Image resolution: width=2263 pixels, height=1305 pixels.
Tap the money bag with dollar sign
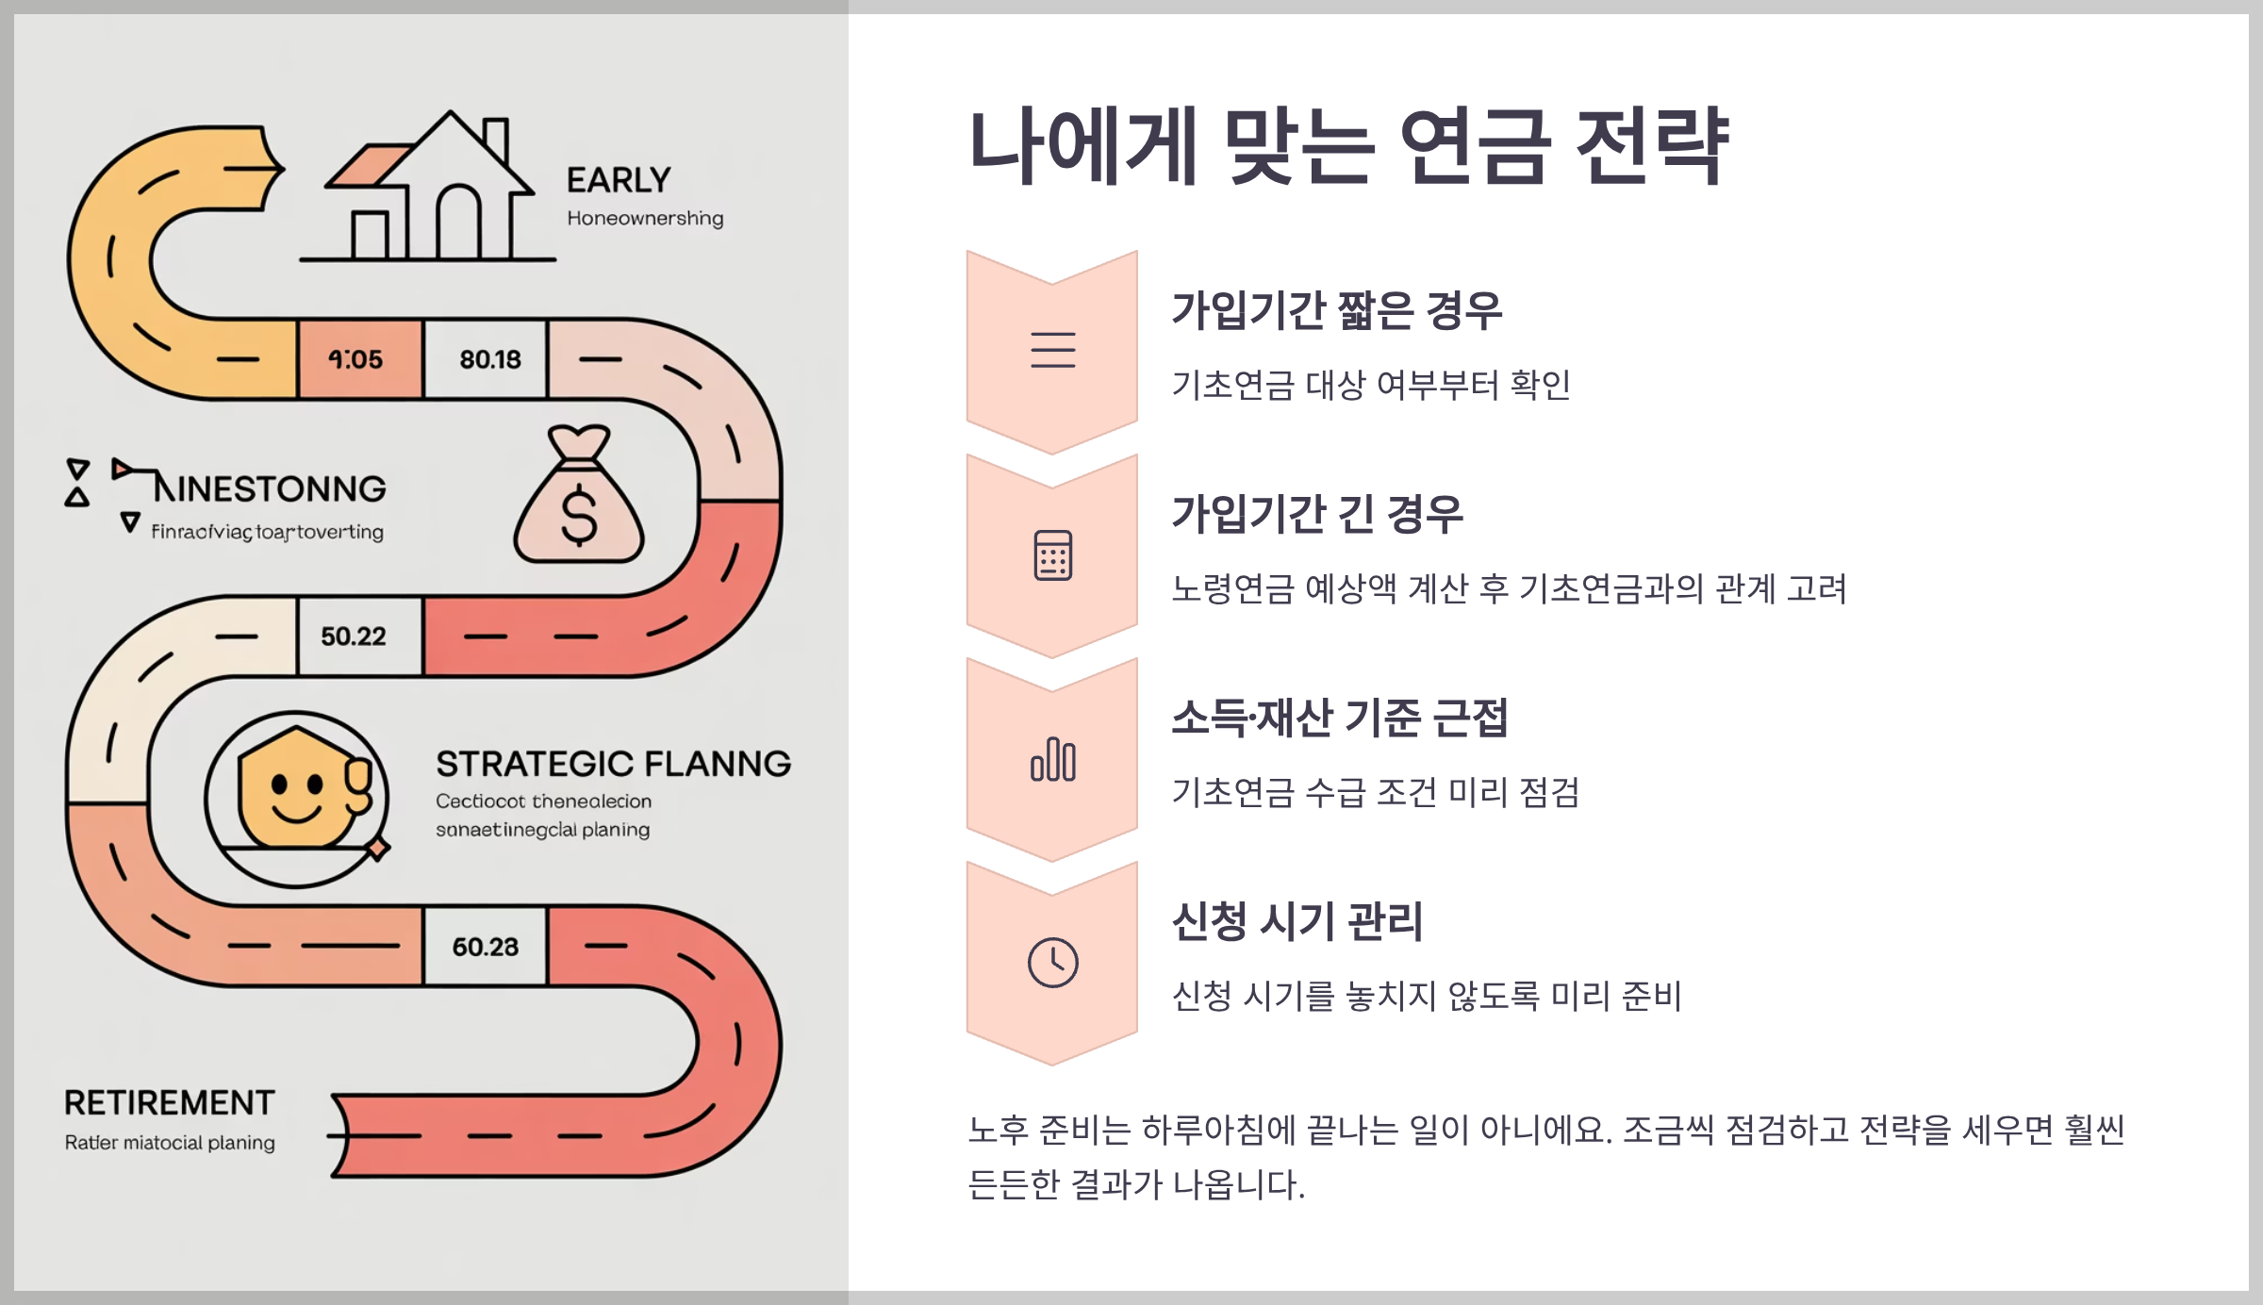point(579,500)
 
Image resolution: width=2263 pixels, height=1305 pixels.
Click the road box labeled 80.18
point(487,359)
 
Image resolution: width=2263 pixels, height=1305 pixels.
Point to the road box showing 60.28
point(486,947)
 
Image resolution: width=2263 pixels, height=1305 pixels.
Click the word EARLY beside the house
point(619,180)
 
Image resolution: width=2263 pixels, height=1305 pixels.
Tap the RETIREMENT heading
point(170,1102)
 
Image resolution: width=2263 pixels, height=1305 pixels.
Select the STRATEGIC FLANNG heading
point(613,764)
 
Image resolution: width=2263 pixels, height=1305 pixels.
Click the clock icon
point(1052,963)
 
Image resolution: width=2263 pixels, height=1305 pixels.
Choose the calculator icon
point(1052,555)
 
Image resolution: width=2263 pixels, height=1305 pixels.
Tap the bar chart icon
point(1052,760)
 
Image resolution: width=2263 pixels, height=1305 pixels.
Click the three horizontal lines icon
point(1052,350)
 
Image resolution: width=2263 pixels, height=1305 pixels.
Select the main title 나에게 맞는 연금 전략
point(1348,146)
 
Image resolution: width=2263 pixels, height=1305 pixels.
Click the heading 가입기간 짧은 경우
point(1336,310)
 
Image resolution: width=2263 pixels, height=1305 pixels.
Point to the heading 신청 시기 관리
point(1297,921)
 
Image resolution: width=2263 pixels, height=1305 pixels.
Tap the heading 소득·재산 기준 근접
point(1339,718)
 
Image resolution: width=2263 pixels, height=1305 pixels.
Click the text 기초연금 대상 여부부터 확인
point(1370,385)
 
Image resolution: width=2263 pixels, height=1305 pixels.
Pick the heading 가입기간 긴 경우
point(1317,514)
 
